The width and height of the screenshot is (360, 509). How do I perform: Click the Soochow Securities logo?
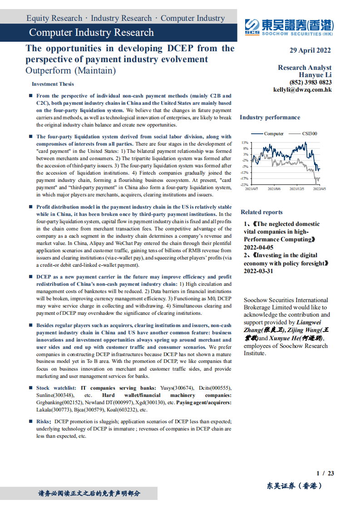pyautogui.click(x=289, y=27)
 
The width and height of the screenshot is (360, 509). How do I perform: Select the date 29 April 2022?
pyautogui.click(x=310, y=50)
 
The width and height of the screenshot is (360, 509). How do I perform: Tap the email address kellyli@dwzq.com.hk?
pyautogui.click(x=302, y=90)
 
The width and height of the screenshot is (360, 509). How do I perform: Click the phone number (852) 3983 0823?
pyautogui.click(x=311, y=83)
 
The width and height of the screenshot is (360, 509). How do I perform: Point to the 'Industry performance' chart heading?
pyautogui.click(x=270, y=117)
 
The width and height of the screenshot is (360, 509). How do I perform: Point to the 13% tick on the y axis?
pyautogui.click(x=245, y=142)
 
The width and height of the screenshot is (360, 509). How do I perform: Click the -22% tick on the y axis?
pyautogui.click(x=245, y=185)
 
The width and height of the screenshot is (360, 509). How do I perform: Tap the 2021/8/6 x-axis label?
pyautogui.click(x=274, y=189)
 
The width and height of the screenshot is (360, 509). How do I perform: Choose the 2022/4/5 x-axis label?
pyautogui.click(x=320, y=189)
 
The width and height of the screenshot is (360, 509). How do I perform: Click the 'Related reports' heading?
pyautogui.click(x=261, y=212)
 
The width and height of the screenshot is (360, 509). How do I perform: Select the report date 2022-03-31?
pyautogui.click(x=259, y=271)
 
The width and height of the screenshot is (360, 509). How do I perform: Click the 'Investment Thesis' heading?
pyautogui.click(x=53, y=84)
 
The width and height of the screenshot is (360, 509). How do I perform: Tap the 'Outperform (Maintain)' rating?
pyautogui.click(x=71, y=71)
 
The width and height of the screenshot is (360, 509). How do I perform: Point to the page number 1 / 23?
pyautogui.click(x=325, y=473)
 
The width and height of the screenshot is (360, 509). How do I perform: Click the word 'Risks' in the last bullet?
pyautogui.click(x=44, y=421)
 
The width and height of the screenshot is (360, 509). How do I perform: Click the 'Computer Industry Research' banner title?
pyautogui.click(x=91, y=33)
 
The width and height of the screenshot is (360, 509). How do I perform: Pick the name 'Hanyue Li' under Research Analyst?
pyautogui.click(x=315, y=75)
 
